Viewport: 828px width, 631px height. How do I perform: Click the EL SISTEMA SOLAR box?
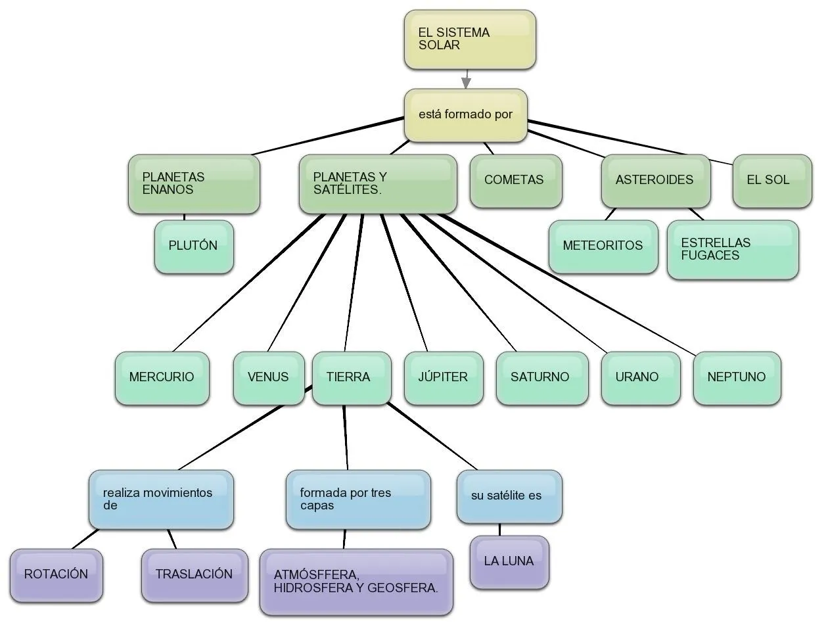pyautogui.click(x=469, y=39)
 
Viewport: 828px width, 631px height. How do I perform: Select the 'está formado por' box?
pyautogui.click(x=465, y=115)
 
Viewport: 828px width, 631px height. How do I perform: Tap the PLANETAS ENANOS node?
pyautogui.click(x=194, y=184)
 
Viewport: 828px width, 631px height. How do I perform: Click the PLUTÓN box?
pyautogui.click(x=194, y=246)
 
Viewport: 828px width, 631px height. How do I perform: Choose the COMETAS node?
pyautogui.click(x=515, y=181)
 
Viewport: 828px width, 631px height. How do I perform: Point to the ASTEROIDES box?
pyautogui.click(x=655, y=181)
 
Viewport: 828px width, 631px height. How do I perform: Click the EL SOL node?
pyautogui.click(x=771, y=181)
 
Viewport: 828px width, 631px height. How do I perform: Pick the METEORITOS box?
pyautogui.click(x=603, y=246)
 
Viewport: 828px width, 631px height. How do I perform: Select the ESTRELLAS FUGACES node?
pyautogui.click(x=732, y=250)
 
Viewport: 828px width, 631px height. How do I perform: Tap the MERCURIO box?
pyautogui.click(x=162, y=378)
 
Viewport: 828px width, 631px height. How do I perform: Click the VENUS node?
pyautogui.click(x=269, y=378)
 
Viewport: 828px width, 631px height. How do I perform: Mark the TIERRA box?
pyautogui.click(x=351, y=378)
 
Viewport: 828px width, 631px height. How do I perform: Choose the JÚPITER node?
pyautogui.click(x=443, y=378)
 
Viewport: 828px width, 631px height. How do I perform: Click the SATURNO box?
pyautogui.click(x=541, y=378)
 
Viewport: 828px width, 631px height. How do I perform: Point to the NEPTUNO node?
pyautogui.click(x=737, y=378)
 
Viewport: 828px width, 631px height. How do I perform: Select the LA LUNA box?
pyautogui.click(x=509, y=562)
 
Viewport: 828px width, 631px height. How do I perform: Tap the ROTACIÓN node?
pyautogui.click(x=57, y=575)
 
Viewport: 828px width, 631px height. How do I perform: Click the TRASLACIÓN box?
pyautogui.click(x=195, y=575)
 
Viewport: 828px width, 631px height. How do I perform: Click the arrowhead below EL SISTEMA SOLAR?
pyautogui.click(x=466, y=83)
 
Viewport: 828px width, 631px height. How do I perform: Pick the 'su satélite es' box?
pyautogui.click(x=509, y=496)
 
